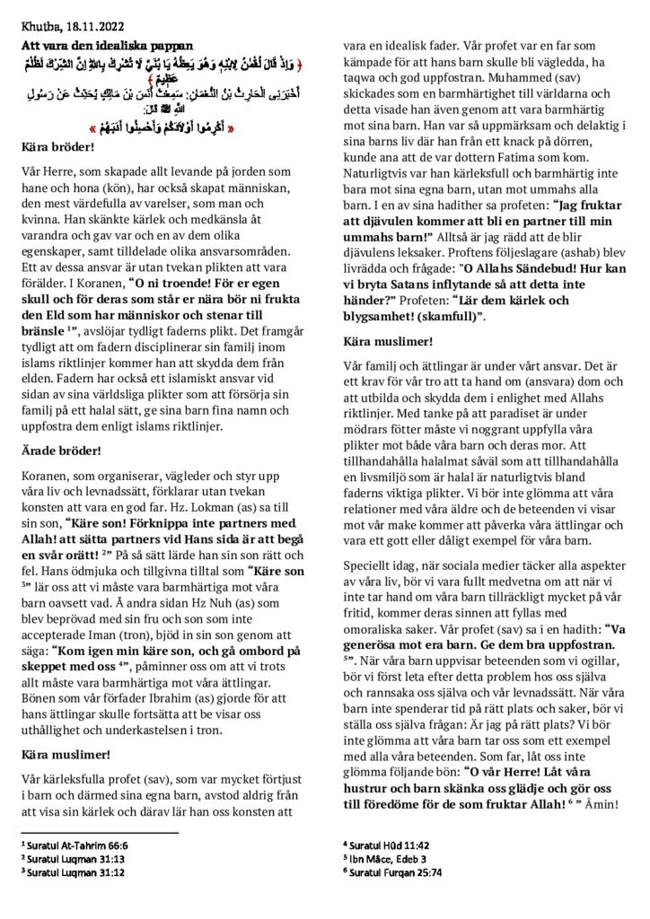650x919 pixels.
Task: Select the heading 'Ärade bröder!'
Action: point(60,452)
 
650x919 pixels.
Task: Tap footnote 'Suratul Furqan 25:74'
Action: point(398,871)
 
